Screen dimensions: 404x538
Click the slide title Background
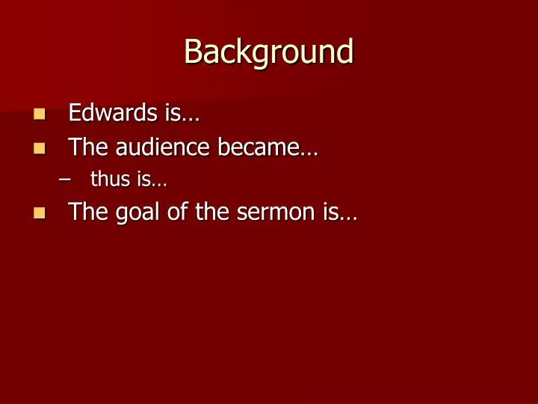pyautogui.click(x=268, y=52)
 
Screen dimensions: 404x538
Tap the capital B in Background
pyautogui.click(x=193, y=52)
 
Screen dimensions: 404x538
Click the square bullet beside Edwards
pyautogui.click(x=40, y=114)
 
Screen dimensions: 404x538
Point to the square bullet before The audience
pyautogui.click(x=40, y=148)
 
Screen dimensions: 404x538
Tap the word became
pyautogui.click(x=256, y=147)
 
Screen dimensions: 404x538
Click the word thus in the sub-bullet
pyautogui.click(x=107, y=180)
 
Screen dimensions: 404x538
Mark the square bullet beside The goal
pyautogui.click(x=40, y=213)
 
